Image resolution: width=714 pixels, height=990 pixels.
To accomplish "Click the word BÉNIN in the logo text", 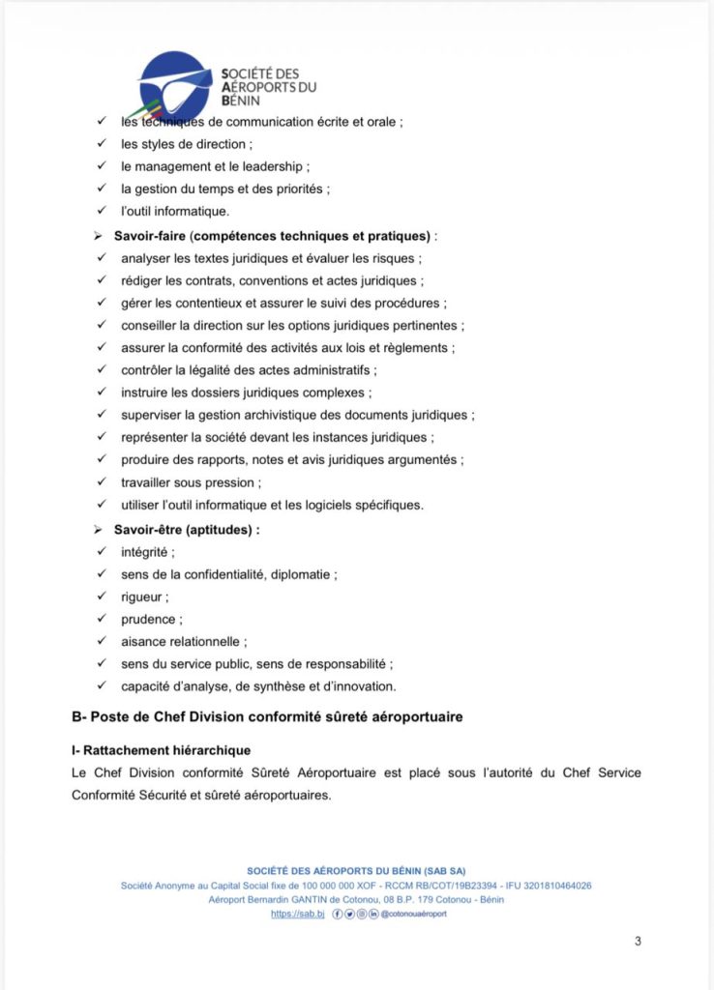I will pyautogui.click(x=242, y=100).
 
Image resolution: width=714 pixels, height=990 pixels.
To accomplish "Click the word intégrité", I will pyautogui.click(x=145, y=552).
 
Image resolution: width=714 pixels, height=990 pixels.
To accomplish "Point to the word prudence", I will pyautogui.click(x=149, y=619).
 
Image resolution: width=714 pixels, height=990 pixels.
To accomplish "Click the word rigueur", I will pyautogui.click(x=142, y=597).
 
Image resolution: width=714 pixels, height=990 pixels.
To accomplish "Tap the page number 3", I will pyautogui.click(x=638, y=942).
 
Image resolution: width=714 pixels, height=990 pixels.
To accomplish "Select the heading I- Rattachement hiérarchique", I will pyautogui.click(x=161, y=750).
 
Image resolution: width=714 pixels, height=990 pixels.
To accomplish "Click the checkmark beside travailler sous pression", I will pyautogui.click(x=101, y=482).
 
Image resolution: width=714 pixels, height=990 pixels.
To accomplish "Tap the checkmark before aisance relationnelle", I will pyautogui.click(x=101, y=641).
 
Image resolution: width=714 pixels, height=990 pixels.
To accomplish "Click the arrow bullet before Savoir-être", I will pyautogui.click(x=98, y=530).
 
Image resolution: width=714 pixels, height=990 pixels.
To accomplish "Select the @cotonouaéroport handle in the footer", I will pyautogui.click(x=414, y=914).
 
